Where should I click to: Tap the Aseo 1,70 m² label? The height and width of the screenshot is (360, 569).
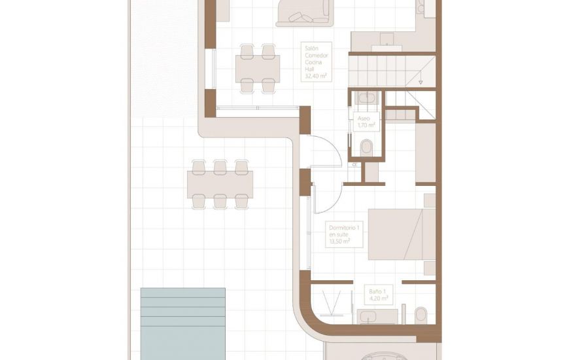366,122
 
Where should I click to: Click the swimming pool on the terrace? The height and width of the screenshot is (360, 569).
183,323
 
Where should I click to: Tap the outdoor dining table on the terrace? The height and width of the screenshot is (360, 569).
220,184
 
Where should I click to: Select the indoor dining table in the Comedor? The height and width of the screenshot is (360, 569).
258,68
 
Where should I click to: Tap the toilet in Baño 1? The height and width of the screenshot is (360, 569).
421,314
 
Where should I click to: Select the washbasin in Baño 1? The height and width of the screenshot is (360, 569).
377,317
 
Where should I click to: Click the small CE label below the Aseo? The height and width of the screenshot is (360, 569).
354,164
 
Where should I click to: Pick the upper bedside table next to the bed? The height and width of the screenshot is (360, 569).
430,200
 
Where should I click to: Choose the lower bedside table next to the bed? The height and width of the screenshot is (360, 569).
430,268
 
